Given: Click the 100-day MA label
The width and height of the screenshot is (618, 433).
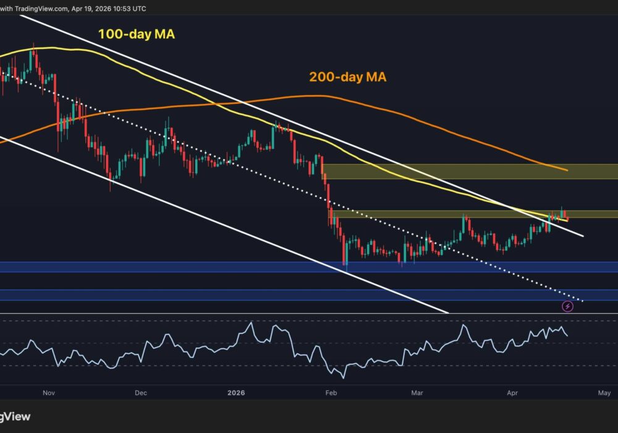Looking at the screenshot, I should point(137,35).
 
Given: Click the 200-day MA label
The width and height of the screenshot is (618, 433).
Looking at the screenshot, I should point(348,77).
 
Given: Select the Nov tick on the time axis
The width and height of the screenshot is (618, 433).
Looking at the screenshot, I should point(50,393).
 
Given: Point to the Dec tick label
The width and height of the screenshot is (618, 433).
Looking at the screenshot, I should point(140,393).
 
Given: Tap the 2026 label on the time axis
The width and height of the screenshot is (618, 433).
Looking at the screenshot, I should point(237,393).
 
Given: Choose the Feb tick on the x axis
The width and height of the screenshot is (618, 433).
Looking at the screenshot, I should point(332,393).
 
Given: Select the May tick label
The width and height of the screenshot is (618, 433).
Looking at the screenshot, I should point(604,393).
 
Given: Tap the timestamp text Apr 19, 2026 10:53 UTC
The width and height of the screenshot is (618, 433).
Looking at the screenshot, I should point(109,9).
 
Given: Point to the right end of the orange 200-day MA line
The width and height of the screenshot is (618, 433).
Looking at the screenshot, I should point(567,169).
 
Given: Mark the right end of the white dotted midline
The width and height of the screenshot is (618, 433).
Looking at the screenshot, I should point(582,301).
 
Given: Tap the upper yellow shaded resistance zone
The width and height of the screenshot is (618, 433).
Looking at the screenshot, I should point(470,171).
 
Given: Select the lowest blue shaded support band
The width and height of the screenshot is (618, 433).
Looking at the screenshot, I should point(309,295).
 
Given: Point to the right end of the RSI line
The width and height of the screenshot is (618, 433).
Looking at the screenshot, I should point(568,336).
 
